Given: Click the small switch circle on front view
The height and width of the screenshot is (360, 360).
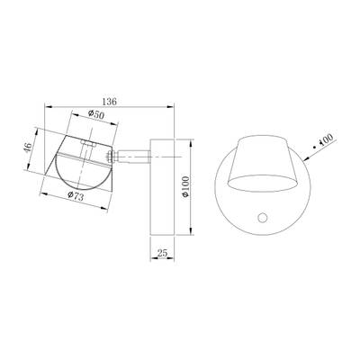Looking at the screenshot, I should click(261, 217).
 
